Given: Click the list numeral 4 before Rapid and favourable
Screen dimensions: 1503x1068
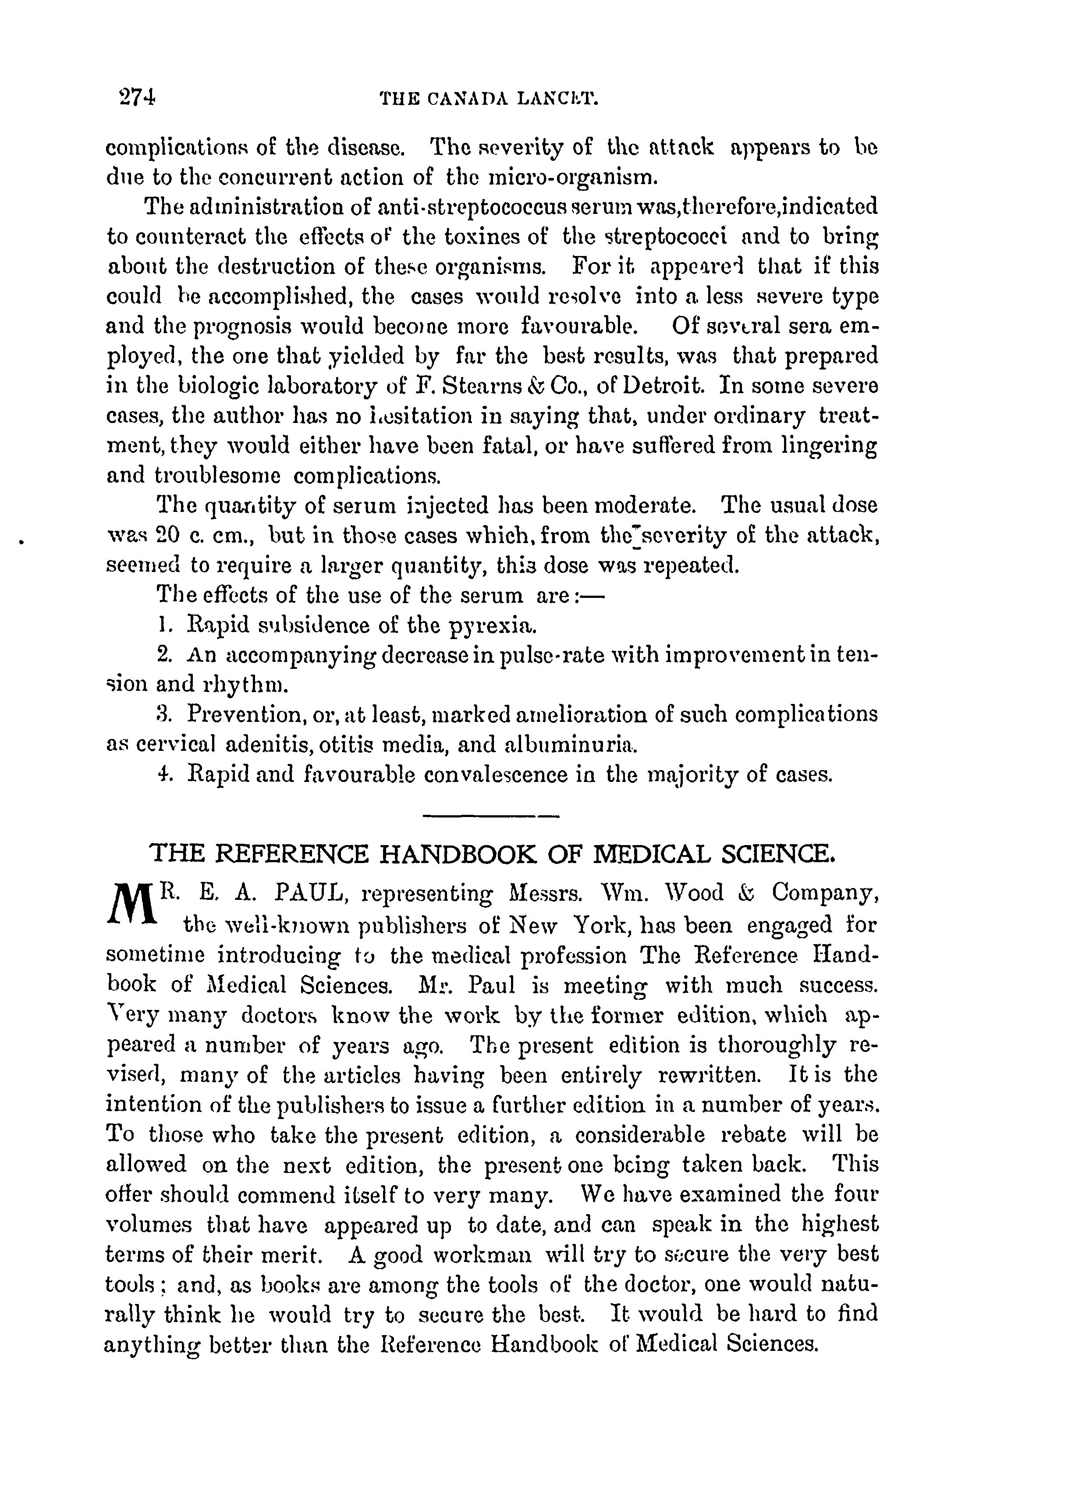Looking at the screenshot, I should click(164, 775).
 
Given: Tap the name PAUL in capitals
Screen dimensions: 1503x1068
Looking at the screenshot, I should click(309, 893).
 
